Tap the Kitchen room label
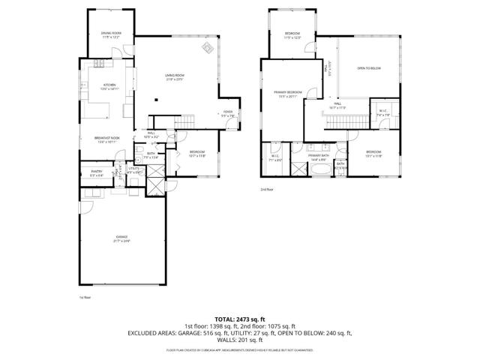(x=109, y=87)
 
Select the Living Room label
(x=174, y=77)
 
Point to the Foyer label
(x=228, y=114)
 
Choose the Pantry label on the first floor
(x=96, y=173)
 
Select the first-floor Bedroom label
(x=197, y=154)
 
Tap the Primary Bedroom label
(x=288, y=94)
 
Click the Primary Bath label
(x=318, y=157)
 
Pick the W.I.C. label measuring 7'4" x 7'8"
(x=382, y=114)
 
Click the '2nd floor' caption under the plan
(x=267, y=190)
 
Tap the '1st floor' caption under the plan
(x=85, y=297)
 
